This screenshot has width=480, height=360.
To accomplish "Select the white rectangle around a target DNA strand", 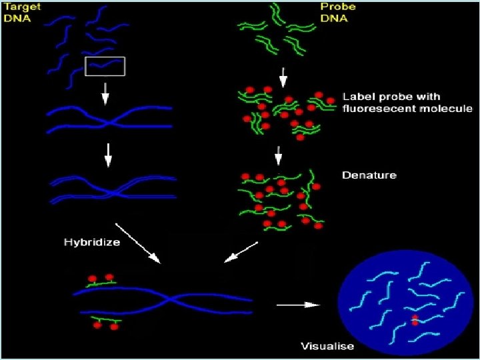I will pyautogui.click(x=105, y=66).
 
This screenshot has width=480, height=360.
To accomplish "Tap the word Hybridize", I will pyautogui.click(x=92, y=242).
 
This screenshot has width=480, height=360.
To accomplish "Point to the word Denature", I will pyautogui.click(x=369, y=175).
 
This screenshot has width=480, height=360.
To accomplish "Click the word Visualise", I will pyautogui.click(x=327, y=346).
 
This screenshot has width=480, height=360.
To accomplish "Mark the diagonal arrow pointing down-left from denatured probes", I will pyautogui.click(x=241, y=252).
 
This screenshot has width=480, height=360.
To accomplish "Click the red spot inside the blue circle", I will pyautogui.click(x=415, y=320).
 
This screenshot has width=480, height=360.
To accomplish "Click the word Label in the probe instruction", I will pyautogui.click(x=355, y=97).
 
